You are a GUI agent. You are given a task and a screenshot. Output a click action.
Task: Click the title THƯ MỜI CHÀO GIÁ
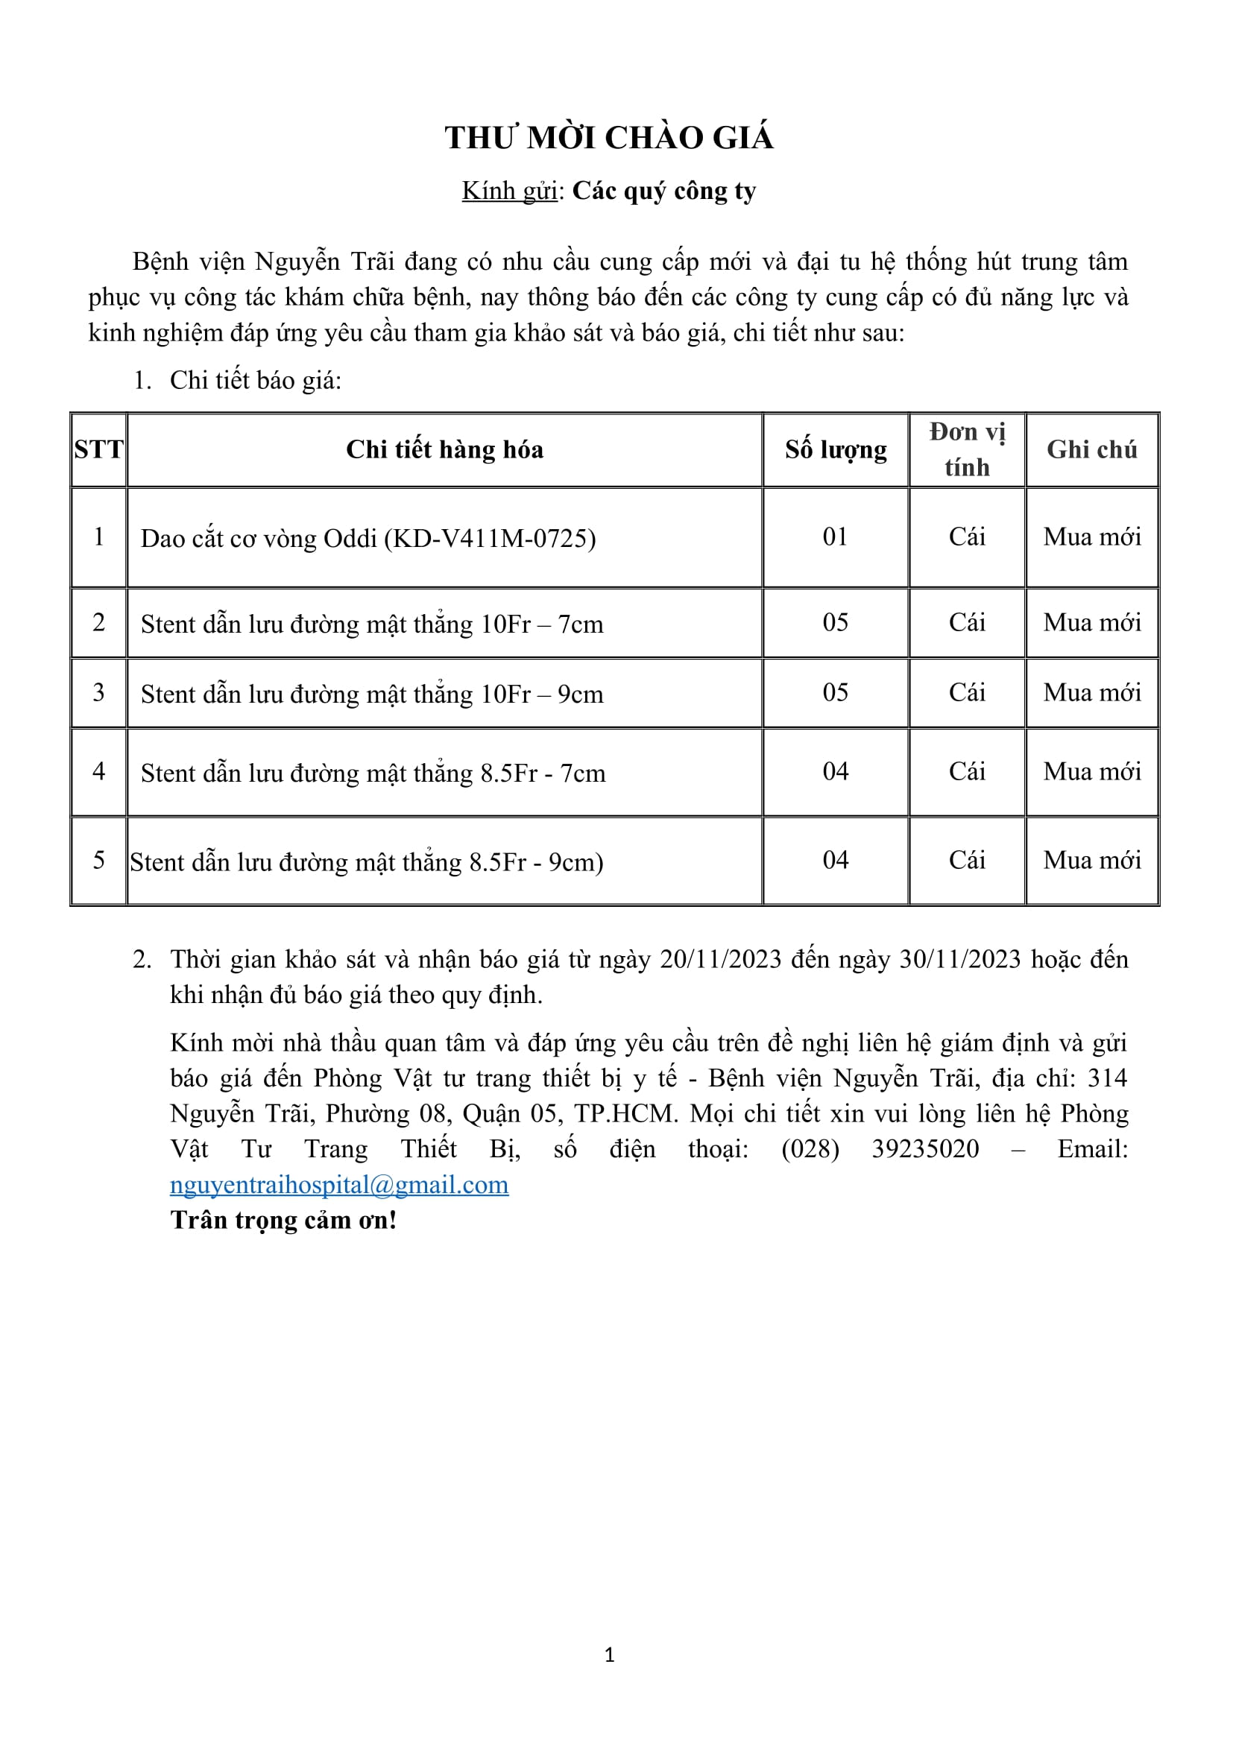pyautogui.click(x=609, y=138)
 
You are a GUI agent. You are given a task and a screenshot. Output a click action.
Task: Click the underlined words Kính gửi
pyautogui.click(x=509, y=191)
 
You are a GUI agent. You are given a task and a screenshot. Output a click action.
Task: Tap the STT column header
pyautogui.click(x=98, y=449)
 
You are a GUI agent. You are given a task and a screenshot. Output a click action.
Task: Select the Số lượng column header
pyautogui.click(x=835, y=449)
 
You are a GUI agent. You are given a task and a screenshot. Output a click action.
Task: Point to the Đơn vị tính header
pyautogui.click(x=967, y=449)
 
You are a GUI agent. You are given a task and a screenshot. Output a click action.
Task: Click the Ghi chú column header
pyautogui.click(x=1091, y=449)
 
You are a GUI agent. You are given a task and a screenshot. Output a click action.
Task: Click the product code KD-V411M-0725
pyautogui.click(x=490, y=538)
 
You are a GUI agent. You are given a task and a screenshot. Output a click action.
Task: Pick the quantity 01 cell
pyautogui.click(x=835, y=537)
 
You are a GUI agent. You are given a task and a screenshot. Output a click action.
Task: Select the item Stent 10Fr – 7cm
pyautogui.click(x=372, y=624)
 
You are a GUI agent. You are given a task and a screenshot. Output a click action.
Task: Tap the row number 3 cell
pyautogui.click(x=98, y=692)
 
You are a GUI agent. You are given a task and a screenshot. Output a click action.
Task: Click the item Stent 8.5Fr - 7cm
pyautogui.click(x=373, y=773)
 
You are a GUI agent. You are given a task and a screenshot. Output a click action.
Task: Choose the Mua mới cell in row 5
pyautogui.click(x=1091, y=860)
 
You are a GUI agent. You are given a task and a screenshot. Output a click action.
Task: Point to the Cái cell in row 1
pyautogui.click(x=967, y=537)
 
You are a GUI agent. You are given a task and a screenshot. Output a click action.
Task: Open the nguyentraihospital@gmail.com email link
pyautogui.click(x=338, y=1185)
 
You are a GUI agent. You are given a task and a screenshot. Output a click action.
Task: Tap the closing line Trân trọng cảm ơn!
pyautogui.click(x=283, y=1220)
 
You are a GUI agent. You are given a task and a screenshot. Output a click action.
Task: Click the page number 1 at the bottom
pyautogui.click(x=609, y=1655)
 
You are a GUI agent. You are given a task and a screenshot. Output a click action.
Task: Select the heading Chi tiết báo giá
pyautogui.click(x=255, y=380)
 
